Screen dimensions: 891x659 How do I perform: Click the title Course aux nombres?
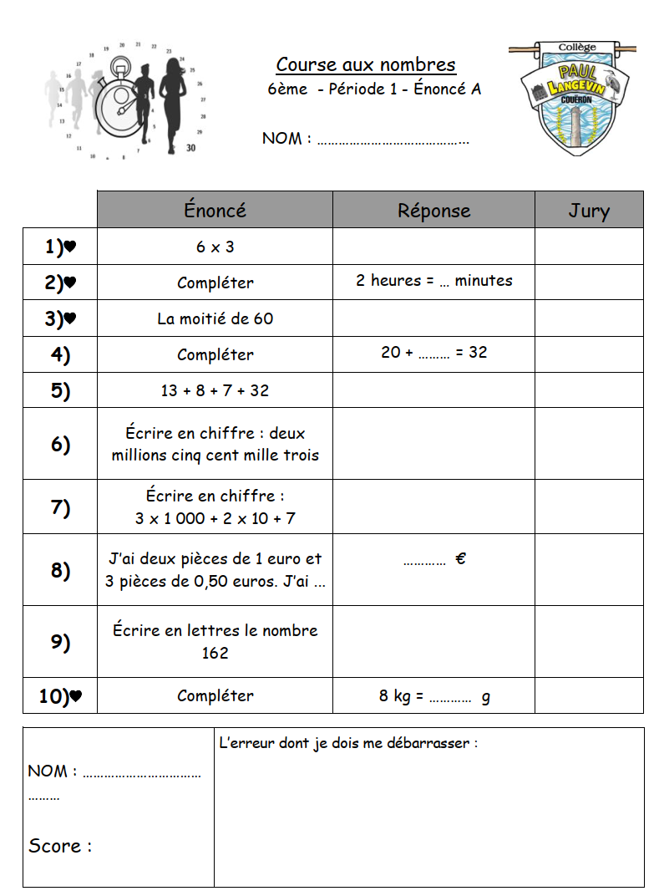click(366, 65)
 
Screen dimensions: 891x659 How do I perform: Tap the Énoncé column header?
click(215, 211)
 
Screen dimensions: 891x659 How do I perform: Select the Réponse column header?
click(433, 211)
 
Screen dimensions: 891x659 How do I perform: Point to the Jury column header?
click(589, 211)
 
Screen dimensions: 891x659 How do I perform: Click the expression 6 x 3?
click(215, 247)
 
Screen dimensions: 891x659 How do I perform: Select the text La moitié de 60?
click(215, 318)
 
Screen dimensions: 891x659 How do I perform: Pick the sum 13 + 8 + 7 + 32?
click(215, 390)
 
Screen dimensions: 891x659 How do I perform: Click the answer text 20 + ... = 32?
click(433, 353)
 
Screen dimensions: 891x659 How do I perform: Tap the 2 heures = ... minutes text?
click(433, 281)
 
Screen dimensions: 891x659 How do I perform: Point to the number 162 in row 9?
click(215, 653)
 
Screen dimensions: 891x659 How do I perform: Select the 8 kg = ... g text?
click(433, 695)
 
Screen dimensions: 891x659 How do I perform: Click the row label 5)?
click(60, 390)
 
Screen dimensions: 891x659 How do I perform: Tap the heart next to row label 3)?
click(70, 318)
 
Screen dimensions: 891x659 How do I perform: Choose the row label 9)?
click(60, 642)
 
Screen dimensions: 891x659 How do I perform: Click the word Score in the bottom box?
click(55, 846)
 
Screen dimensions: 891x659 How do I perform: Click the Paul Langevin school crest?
click(573, 96)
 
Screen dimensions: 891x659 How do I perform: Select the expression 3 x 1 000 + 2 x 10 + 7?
click(215, 518)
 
